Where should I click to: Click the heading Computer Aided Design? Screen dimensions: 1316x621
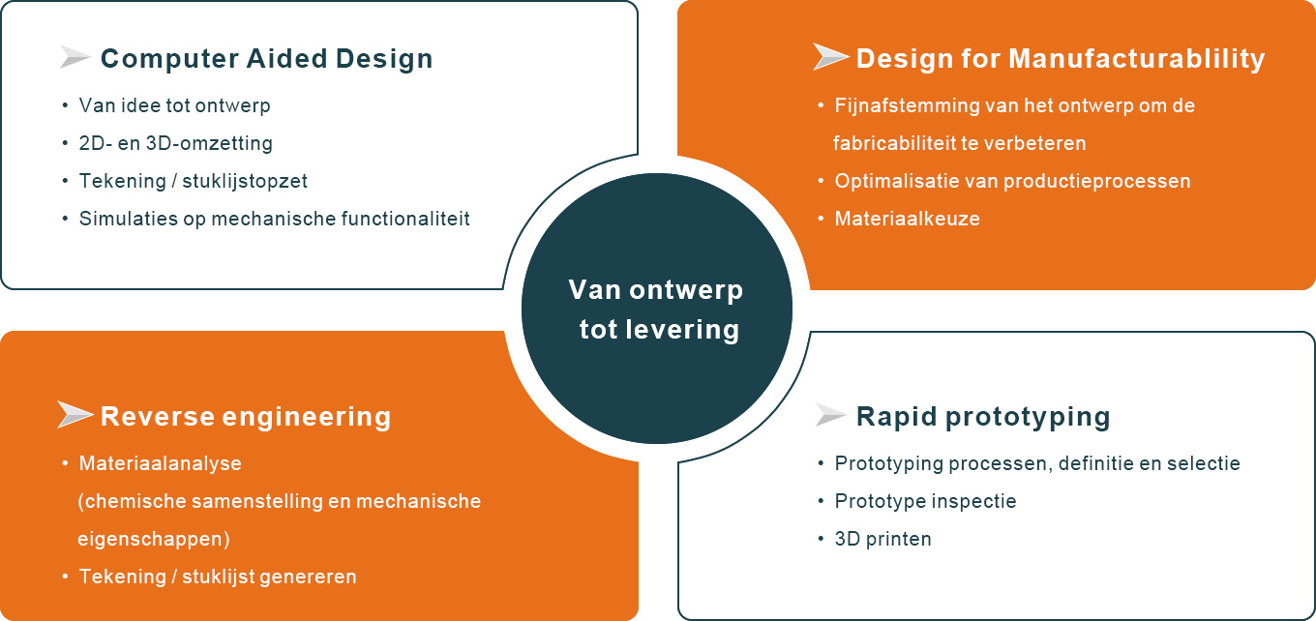pos(267,59)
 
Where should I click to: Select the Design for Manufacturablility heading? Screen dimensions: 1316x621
pos(1061,59)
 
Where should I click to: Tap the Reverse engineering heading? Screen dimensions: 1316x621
pos(246,417)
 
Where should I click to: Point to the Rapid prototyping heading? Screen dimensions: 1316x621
pos(983,417)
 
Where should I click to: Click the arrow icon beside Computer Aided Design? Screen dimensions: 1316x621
pos(75,57)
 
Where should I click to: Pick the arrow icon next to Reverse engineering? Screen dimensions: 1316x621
pos(75,414)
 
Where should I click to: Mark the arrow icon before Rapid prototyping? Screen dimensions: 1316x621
pos(830,415)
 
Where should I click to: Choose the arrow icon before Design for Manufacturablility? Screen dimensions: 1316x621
pos(830,56)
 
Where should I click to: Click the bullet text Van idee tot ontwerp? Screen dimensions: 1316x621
pos(174,105)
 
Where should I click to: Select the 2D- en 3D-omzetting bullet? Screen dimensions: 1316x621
pos(176,143)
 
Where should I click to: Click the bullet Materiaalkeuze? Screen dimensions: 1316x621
pos(907,219)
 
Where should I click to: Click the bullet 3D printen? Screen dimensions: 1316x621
pos(883,539)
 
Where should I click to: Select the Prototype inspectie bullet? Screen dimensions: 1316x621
pos(925,501)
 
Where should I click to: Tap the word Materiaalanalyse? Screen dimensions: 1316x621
pos(160,463)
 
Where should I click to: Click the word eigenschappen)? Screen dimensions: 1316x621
pos(154,540)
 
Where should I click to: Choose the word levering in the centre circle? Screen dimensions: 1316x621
pos(683,329)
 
